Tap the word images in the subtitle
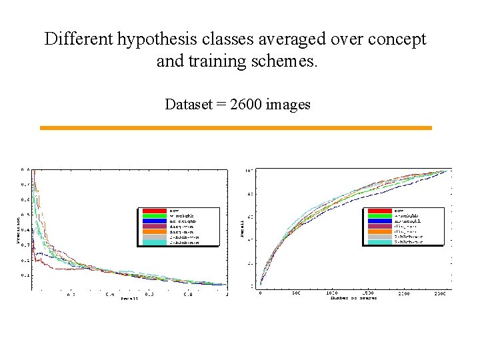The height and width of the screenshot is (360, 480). [288, 104]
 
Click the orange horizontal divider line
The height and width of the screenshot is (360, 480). [236, 127]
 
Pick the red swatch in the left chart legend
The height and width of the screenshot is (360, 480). [153, 211]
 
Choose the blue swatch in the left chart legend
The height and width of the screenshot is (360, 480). [153, 221]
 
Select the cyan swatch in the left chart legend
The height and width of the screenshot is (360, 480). [153, 242]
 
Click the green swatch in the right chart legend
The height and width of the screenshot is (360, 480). [379, 216]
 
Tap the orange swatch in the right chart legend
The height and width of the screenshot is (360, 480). [379, 231]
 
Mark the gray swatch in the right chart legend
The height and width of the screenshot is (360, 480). [379, 237]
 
